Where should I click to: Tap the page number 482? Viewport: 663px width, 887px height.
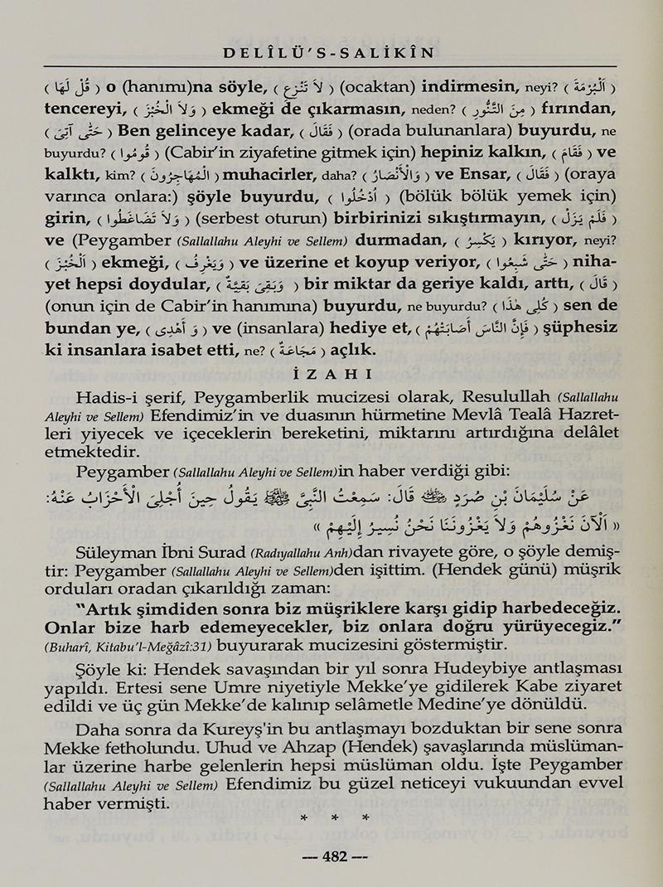coord(331,857)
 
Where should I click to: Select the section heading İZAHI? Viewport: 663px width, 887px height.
coord(331,373)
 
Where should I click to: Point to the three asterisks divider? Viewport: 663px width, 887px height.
coord(331,817)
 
